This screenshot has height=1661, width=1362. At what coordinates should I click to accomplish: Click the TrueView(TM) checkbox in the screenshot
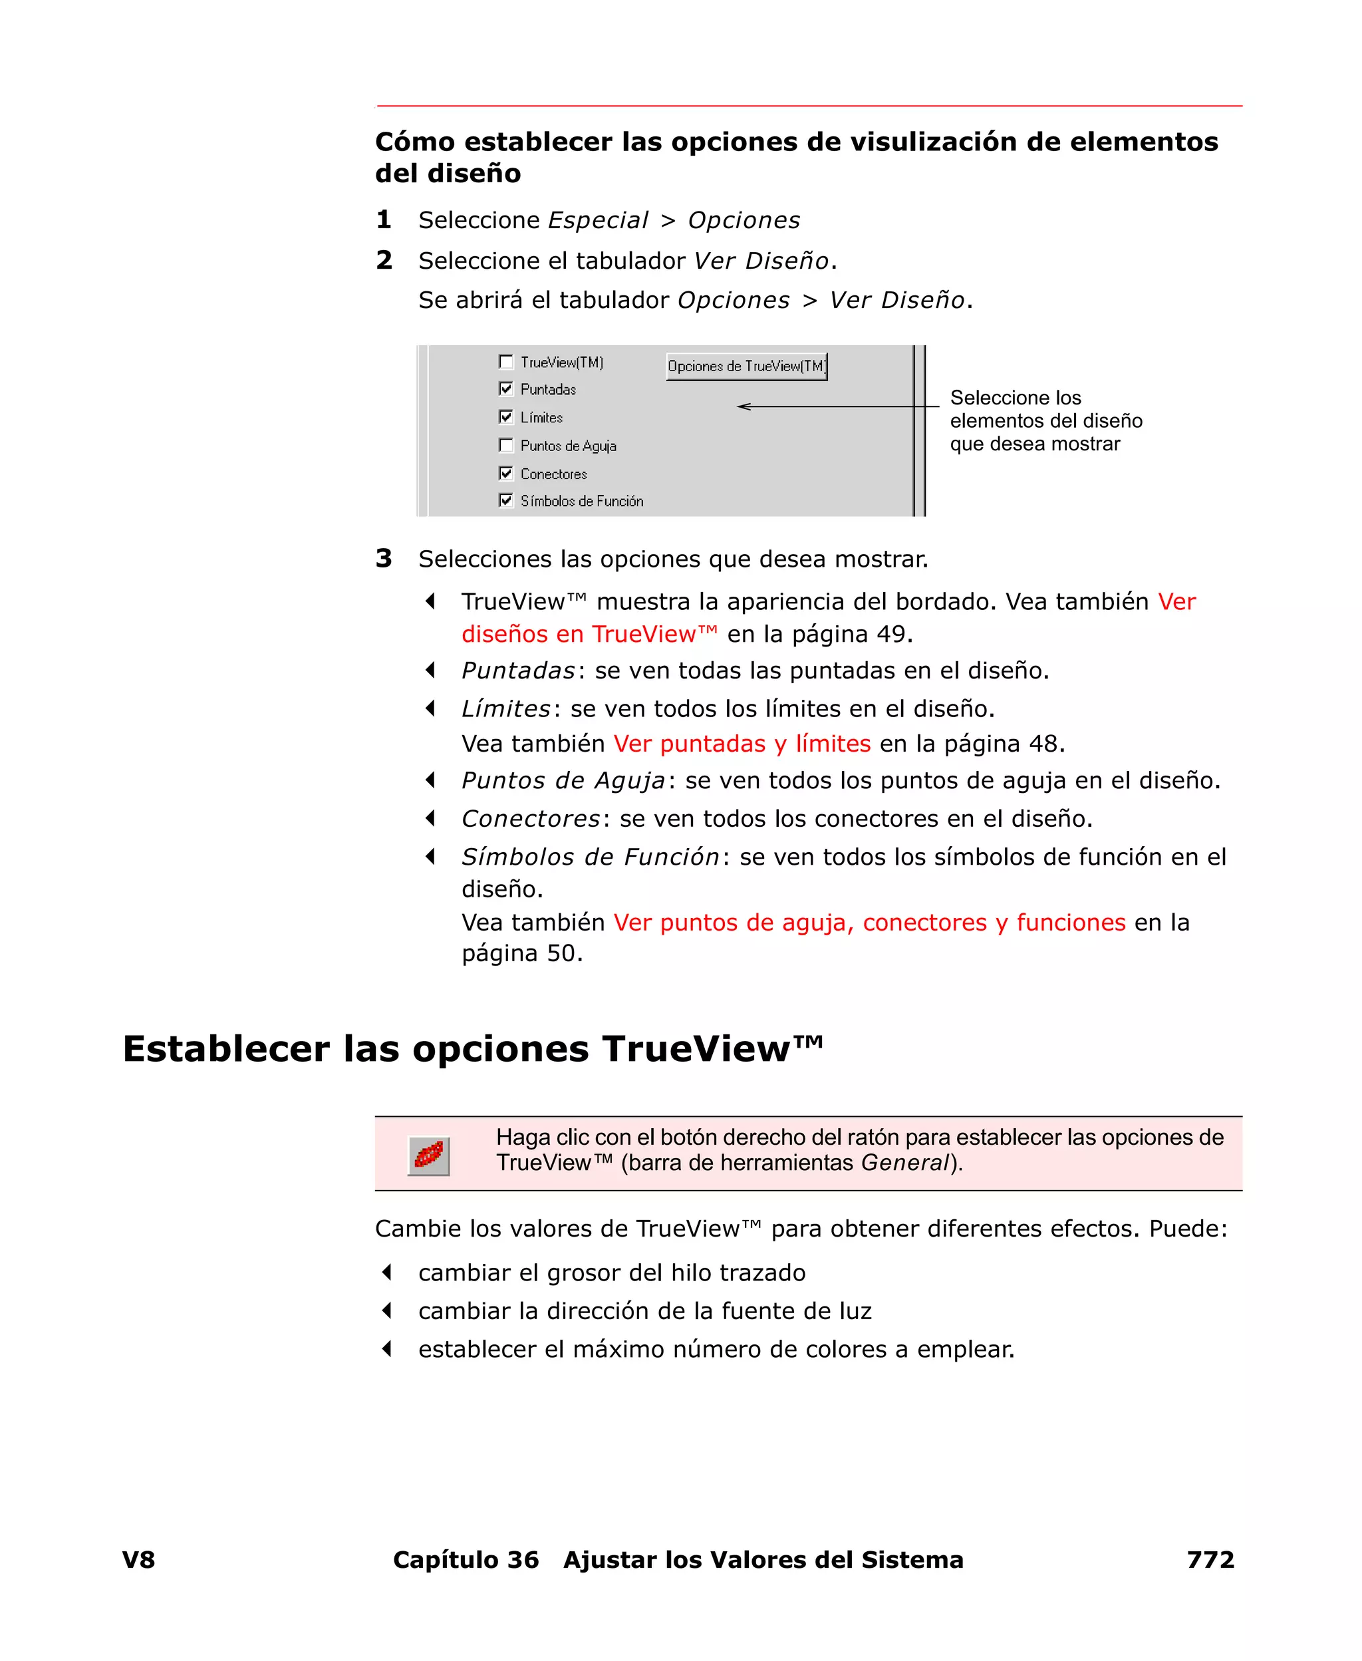coord(506,362)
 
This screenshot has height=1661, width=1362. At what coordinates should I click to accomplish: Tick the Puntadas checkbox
coord(506,389)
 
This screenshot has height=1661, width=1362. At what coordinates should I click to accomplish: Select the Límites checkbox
coord(506,416)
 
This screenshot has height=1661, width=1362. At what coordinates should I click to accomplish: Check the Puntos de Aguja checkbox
coord(506,445)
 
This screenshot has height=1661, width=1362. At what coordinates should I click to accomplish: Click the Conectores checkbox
coord(506,473)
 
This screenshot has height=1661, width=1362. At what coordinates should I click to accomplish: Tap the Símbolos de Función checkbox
coord(506,501)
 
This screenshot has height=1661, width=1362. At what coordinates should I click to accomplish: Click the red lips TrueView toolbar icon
coord(428,1155)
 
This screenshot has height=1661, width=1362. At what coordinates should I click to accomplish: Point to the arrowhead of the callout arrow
coord(741,406)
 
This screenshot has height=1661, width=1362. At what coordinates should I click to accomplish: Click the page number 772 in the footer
coord(1210,1560)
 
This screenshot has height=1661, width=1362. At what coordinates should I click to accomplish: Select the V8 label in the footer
coord(139,1560)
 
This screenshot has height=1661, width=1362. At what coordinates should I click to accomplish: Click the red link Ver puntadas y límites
coord(742,743)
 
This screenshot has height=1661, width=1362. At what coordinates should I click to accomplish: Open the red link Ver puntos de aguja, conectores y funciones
coord(869,922)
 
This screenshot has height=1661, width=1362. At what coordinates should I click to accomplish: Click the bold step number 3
coord(384,559)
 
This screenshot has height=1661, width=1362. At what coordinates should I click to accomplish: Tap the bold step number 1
coord(384,220)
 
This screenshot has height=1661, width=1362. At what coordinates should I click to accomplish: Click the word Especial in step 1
coord(598,220)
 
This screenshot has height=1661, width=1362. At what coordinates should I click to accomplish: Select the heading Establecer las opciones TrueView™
coord(473,1049)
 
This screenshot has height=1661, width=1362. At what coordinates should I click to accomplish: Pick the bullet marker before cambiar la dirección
coord(387,1310)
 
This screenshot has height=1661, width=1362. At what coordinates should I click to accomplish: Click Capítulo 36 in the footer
coord(466,1560)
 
